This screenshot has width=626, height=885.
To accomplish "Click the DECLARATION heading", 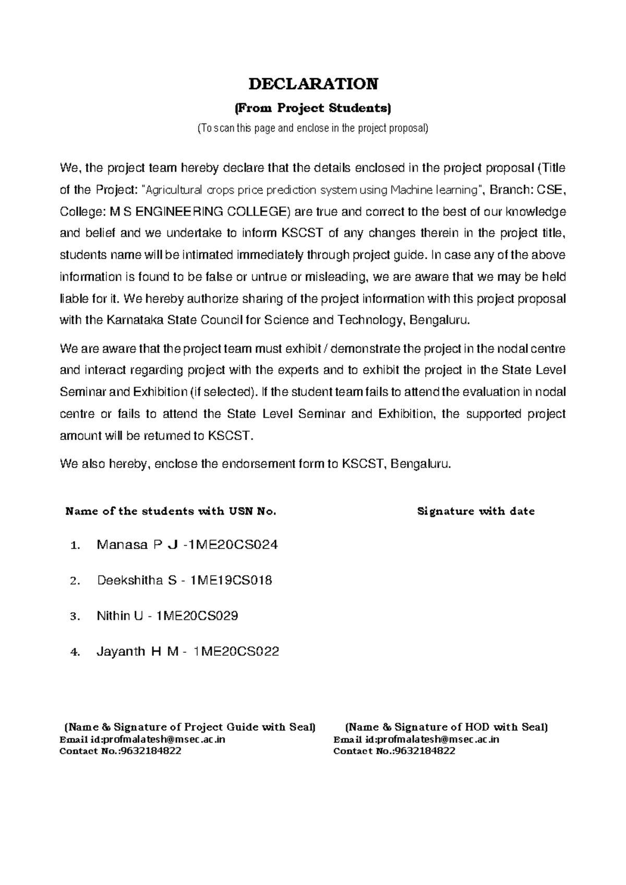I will click(x=312, y=83).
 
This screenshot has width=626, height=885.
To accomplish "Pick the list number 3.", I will click(x=75, y=617).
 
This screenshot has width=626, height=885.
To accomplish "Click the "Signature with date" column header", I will click(x=476, y=511).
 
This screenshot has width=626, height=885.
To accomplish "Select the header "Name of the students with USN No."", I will click(x=170, y=511).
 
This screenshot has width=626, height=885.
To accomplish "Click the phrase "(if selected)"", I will click(x=223, y=392).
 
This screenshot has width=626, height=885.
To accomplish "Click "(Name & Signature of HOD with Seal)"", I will click(x=447, y=727).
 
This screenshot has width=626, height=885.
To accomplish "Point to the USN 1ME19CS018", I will click(x=232, y=580).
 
